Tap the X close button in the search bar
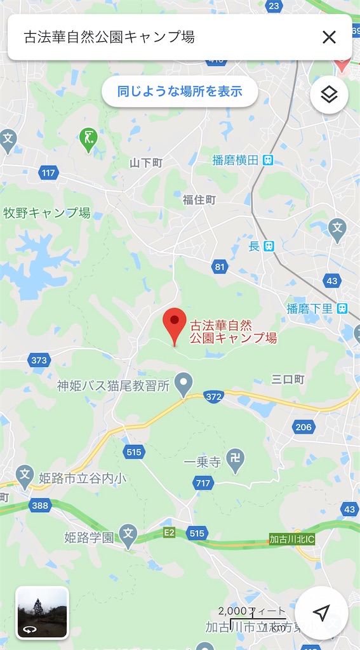(x=329, y=37)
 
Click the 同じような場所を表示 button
(x=180, y=91)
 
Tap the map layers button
(x=329, y=95)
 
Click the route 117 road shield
(x=48, y=173)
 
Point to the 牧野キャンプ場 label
(x=47, y=213)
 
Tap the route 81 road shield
(x=220, y=267)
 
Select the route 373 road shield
(x=39, y=360)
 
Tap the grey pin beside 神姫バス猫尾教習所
(x=183, y=383)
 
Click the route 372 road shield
(x=214, y=396)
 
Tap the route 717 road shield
(x=203, y=484)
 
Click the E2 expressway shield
(x=168, y=533)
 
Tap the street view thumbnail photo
(x=42, y=612)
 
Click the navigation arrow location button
(x=321, y=612)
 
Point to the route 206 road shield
(x=303, y=427)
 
